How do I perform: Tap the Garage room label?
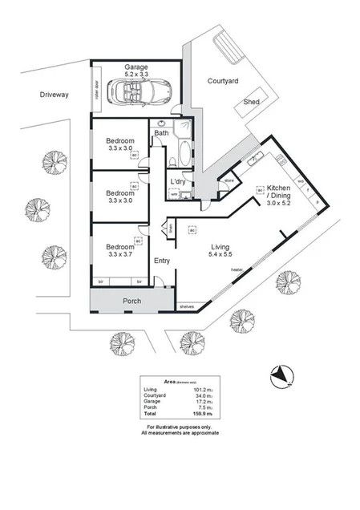click(136, 67)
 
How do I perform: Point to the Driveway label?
click(55, 95)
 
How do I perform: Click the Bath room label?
click(161, 132)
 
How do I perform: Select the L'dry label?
click(178, 182)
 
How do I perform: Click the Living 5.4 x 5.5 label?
click(220, 249)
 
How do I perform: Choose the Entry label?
click(162, 260)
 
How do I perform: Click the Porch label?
click(132, 302)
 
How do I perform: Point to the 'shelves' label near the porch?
click(188, 306)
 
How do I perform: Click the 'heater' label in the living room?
click(237, 270)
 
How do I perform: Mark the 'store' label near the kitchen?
click(228, 181)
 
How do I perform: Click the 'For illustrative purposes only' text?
click(180, 427)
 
